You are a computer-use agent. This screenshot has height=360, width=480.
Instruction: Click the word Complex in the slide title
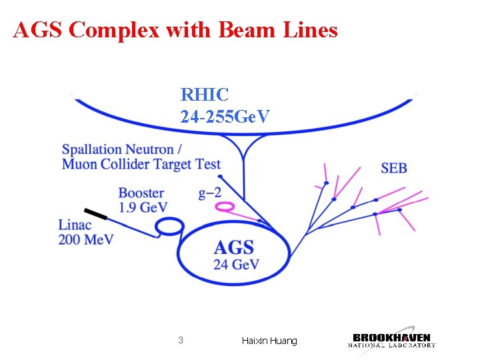(111, 30)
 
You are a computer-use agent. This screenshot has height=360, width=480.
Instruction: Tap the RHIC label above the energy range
(205, 95)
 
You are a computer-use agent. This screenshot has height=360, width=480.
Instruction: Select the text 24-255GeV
(225, 117)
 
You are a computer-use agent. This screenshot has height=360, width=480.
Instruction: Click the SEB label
(394, 168)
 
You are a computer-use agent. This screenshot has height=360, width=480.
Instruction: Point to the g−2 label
(210, 193)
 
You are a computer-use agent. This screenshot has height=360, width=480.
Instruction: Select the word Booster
(141, 193)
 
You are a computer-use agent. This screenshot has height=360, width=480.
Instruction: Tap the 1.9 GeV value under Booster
(143, 207)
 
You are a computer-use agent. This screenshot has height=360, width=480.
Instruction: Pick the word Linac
(75, 225)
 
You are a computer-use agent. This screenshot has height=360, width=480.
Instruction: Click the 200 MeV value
(85, 239)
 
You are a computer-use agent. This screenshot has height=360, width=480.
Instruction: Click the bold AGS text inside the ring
(234, 248)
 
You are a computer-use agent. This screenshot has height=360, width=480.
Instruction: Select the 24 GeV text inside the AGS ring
(236, 264)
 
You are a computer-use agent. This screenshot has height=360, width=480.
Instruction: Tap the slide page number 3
(180, 341)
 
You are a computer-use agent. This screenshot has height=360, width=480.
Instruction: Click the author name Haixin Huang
(269, 341)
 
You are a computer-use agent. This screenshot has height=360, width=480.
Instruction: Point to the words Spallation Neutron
(121, 149)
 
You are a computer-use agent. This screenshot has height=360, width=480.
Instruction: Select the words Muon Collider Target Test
(141, 164)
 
